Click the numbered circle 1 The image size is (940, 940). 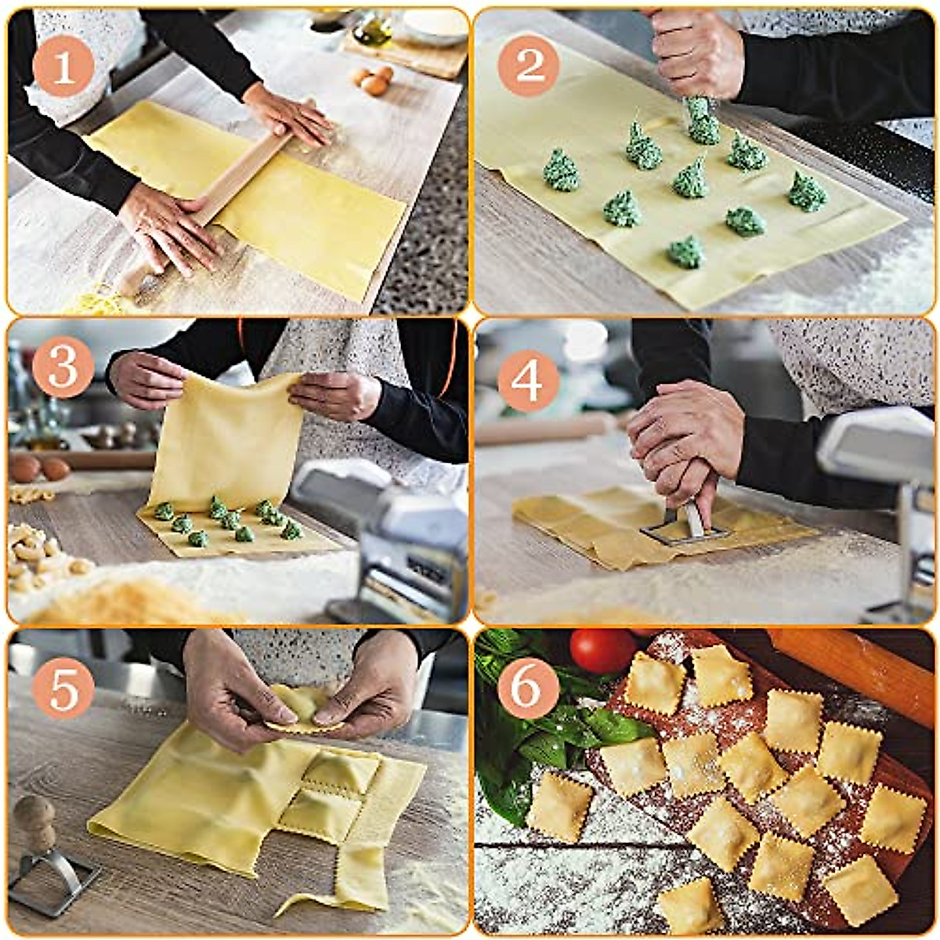click(63, 66)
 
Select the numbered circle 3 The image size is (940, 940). click(63, 367)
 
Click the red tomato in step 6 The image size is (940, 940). click(602, 650)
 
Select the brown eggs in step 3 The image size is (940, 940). click(39, 468)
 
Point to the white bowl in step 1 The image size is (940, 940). click(435, 26)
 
